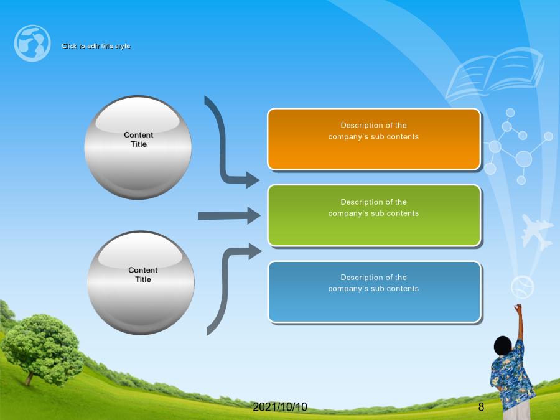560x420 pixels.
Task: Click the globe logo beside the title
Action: coord(32,43)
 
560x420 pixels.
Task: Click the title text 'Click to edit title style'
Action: coord(96,46)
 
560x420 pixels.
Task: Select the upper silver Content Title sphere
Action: coord(138,147)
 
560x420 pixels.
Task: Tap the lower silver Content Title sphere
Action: coord(141,283)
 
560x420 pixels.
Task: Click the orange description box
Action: coord(374,139)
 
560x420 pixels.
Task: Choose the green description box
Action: coord(374,215)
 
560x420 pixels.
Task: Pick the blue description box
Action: coord(374,292)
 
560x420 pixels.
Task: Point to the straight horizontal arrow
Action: coord(229,216)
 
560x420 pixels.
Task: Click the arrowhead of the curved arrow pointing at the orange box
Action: coord(253,180)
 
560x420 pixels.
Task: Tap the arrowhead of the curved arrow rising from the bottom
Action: coord(255,251)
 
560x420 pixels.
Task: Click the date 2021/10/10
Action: coord(280,407)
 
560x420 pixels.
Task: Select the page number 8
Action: coord(481,407)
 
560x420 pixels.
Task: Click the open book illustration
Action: coord(495,74)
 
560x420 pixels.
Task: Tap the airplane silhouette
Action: coord(536,231)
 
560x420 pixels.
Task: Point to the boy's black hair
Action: coord(503,345)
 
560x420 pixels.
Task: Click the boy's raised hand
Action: coord(518,307)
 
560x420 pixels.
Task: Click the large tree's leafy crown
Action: coord(42,347)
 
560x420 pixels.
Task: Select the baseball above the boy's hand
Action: coord(522,286)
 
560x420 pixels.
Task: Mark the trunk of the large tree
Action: coord(29,378)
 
